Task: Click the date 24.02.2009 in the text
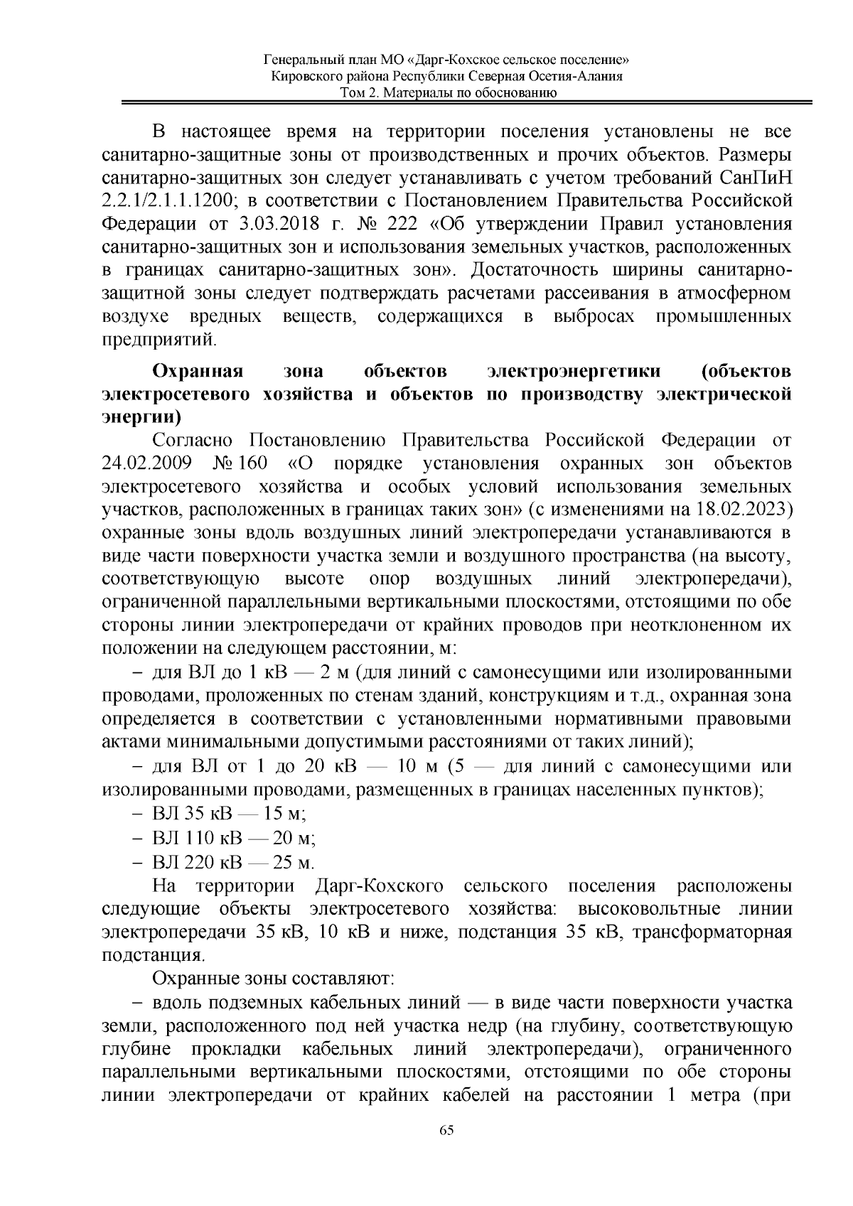tap(146, 464)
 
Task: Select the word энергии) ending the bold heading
tap(142, 417)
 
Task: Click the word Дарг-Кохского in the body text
tap(378, 886)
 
